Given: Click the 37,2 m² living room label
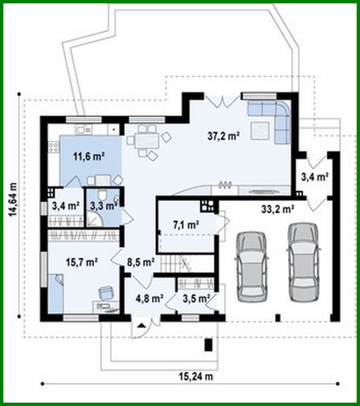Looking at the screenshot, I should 222,136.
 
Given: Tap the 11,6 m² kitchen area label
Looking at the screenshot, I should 87,156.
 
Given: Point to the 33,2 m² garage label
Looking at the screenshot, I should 277,210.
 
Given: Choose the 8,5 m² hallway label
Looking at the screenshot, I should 140,262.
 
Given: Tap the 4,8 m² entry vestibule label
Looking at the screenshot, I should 150,298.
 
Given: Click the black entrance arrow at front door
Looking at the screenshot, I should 141,326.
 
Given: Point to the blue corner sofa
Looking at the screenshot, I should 276,118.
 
